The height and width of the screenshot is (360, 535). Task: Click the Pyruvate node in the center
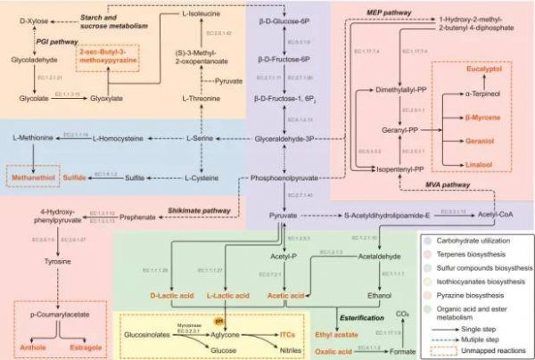pos(283,216)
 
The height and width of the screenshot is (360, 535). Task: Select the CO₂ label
pos(401,314)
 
